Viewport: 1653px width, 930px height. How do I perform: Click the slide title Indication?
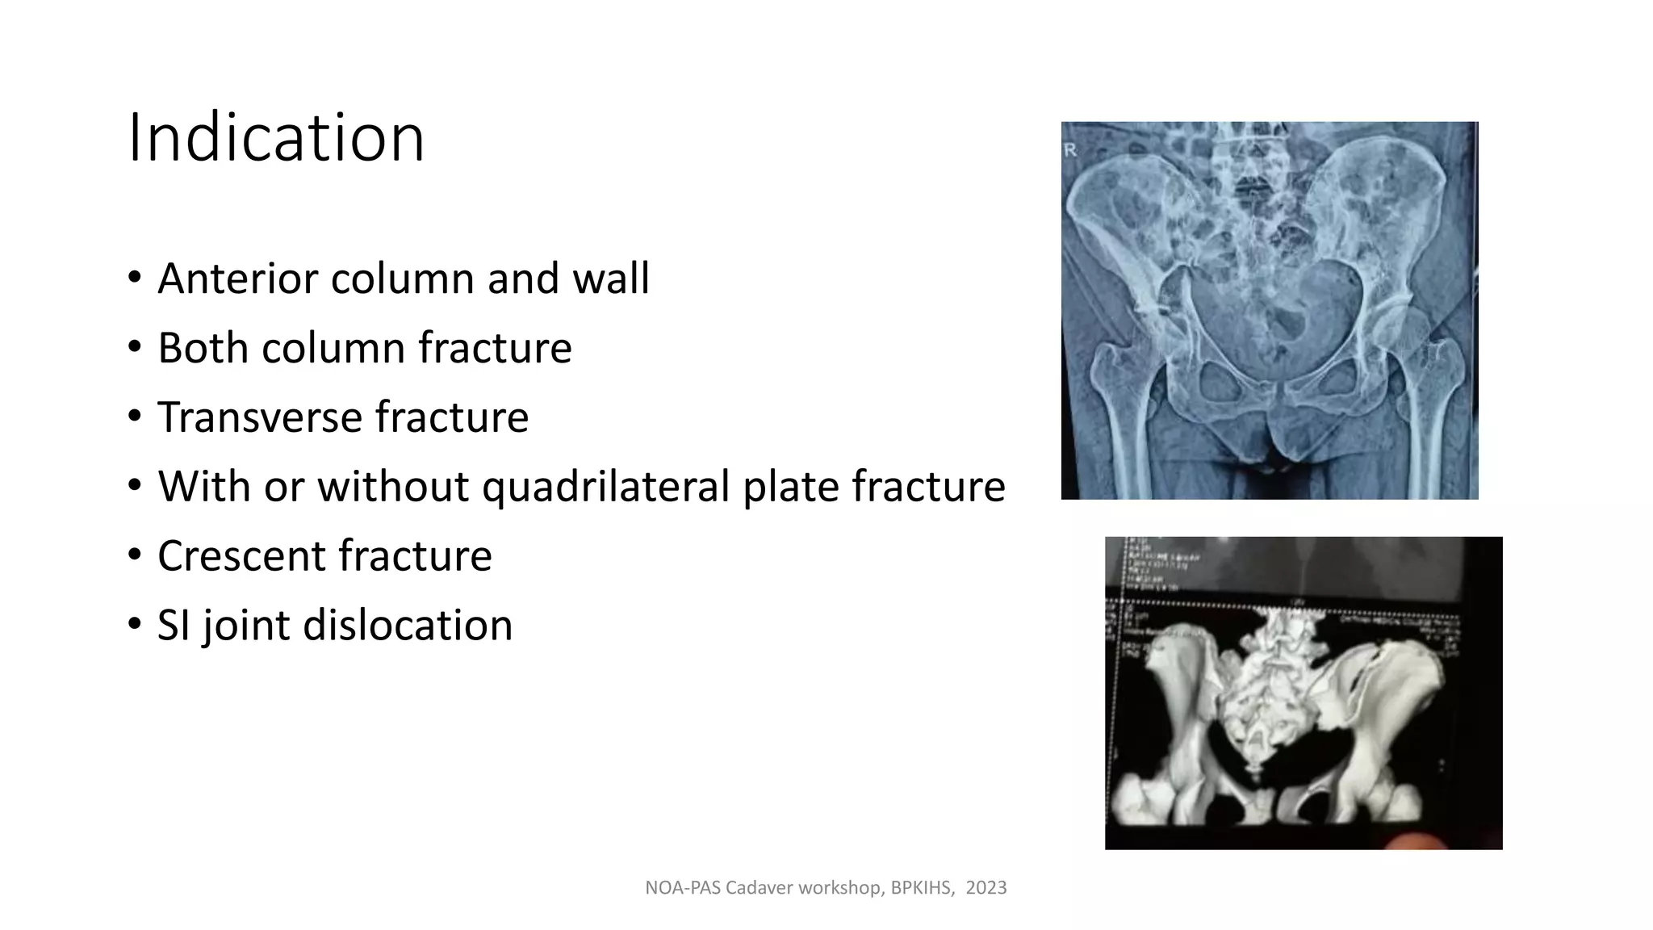tap(276, 138)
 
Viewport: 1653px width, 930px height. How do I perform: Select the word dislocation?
tap(408, 626)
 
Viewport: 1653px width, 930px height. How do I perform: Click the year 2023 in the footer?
tap(986, 888)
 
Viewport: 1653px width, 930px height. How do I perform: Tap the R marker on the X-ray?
tap(1072, 150)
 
